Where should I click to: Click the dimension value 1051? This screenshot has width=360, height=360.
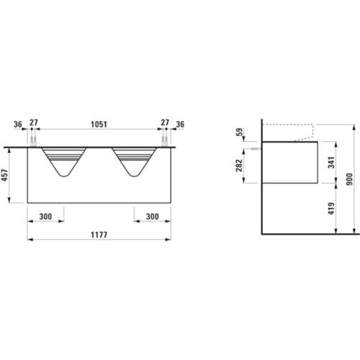click(x=99, y=125)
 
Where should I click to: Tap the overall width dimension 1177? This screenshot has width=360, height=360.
click(x=99, y=235)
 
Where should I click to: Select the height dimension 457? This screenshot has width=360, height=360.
click(x=4, y=175)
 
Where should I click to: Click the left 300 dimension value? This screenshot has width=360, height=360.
click(x=45, y=217)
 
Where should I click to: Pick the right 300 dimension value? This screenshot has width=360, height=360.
click(x=153, y=217)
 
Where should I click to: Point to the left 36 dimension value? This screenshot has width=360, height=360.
click(x=18, y=125)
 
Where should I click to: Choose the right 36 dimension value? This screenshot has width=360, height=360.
click(x=180, y=125)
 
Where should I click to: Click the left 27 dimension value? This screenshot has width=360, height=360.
click(x=34, y=122)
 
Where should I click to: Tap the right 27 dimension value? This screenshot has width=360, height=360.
click(x=165, y=122)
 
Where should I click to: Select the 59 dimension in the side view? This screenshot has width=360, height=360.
click(x=239, y=132)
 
